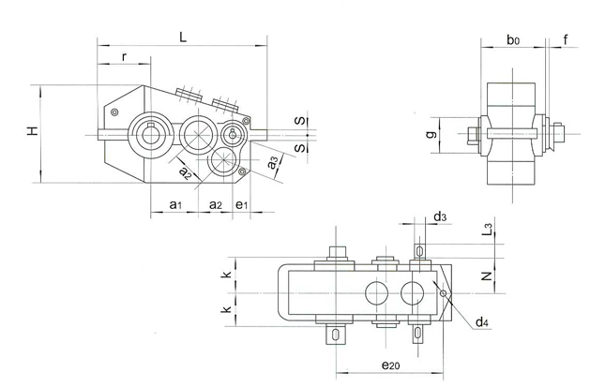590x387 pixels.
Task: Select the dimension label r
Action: pos(125,58)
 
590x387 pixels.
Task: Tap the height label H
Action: pos(32,133)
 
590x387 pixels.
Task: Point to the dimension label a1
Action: pos(174,203)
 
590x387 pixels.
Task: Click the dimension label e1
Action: pos(241,203)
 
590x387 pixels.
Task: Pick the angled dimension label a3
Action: pos(272,163)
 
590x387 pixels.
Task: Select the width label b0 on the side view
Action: pos(512,39)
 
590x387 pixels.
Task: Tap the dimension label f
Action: pos(567,39)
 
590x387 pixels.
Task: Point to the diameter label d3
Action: pos(440,217)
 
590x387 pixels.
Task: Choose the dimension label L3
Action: pos(489,229)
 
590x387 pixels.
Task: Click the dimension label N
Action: pos(486,276)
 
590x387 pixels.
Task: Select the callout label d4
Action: pos(480,322)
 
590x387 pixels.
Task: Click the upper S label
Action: pos(298,121)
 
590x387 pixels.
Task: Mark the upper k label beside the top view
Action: pos(227,275)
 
